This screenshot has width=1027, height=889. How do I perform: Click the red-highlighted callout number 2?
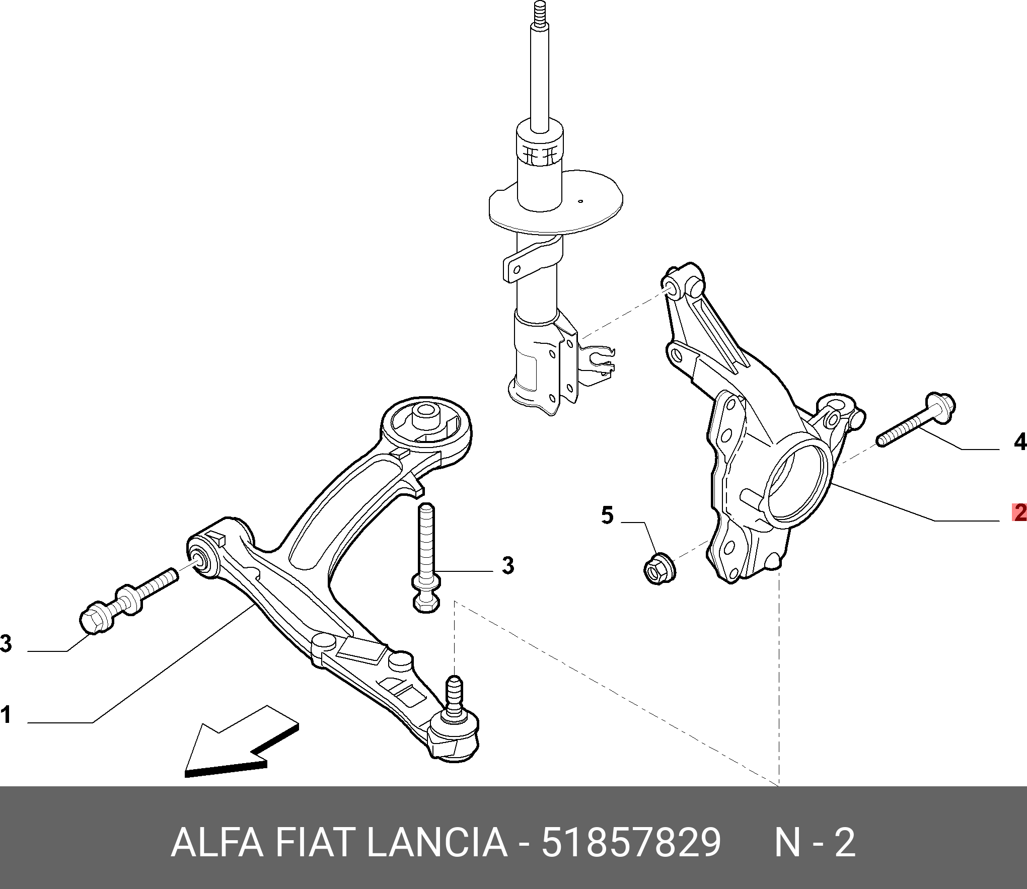click(x=1019, y=513)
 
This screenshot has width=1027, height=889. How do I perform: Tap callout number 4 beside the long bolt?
click(x=1019, y=441)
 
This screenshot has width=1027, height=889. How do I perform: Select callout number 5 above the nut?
click(x=607, y=516)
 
